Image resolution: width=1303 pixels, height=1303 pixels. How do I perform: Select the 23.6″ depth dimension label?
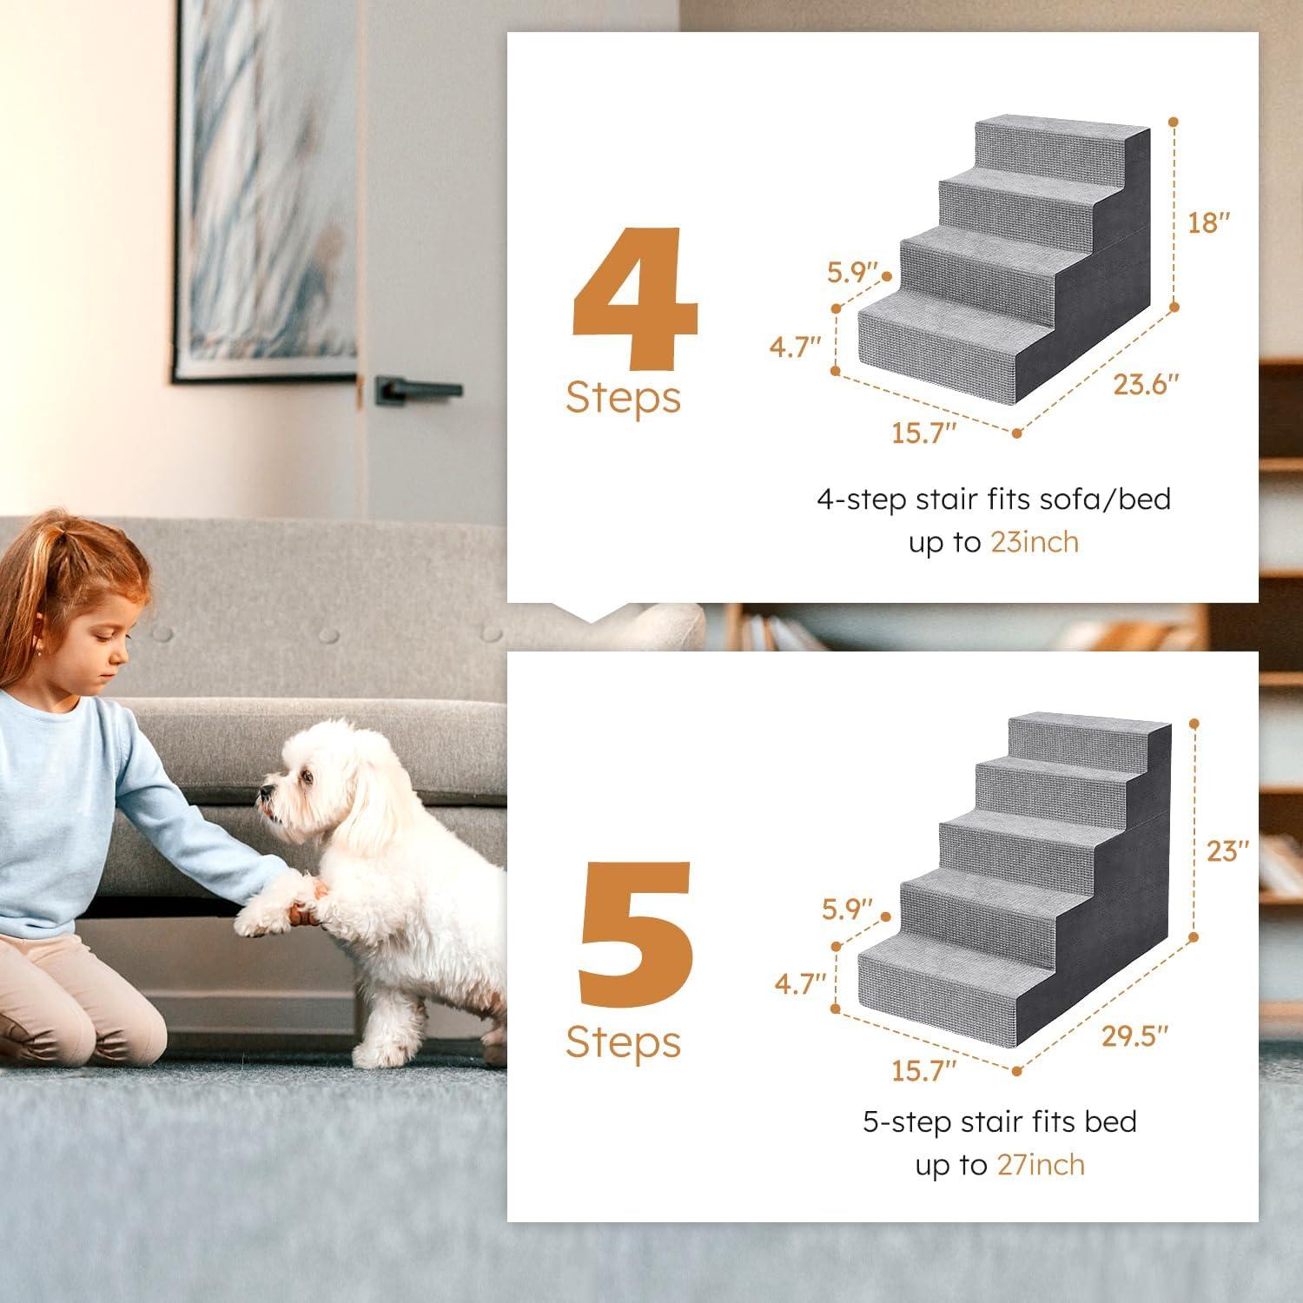click(x=1146, y=384)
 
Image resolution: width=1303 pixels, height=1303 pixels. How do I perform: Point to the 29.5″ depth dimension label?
click(x=1134, y=1035)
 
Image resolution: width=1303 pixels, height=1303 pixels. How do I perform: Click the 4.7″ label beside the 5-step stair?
click(x=800, y=984)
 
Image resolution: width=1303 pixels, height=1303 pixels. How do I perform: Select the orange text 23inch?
click(x=1035, y=542)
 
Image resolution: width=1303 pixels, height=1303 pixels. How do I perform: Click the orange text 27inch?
click(x=1041, y=1164)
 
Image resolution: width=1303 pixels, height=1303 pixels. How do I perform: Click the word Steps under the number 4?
click(x=623, y=398)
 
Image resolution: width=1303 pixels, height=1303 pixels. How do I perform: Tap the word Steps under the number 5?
click(x=623, y=1042)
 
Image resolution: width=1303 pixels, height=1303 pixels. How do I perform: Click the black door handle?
click(x=417, y=390)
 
